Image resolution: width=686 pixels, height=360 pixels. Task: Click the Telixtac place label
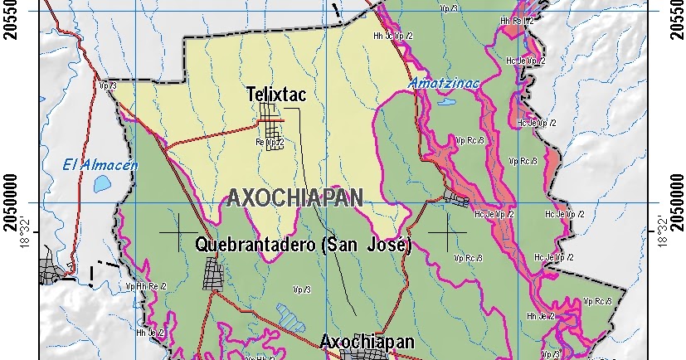276,95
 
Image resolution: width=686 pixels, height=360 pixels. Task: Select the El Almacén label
99,164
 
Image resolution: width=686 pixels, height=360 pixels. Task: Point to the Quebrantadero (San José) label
304,246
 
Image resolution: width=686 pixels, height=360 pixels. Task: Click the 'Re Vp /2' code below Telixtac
270,143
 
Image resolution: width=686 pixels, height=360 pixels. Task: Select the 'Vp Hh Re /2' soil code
147,286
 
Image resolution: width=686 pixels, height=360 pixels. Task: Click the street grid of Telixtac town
271,119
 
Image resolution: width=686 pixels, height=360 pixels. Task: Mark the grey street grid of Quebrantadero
213,273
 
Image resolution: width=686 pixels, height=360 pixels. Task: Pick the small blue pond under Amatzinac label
445,105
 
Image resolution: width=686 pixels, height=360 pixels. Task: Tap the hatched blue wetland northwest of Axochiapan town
289,316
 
